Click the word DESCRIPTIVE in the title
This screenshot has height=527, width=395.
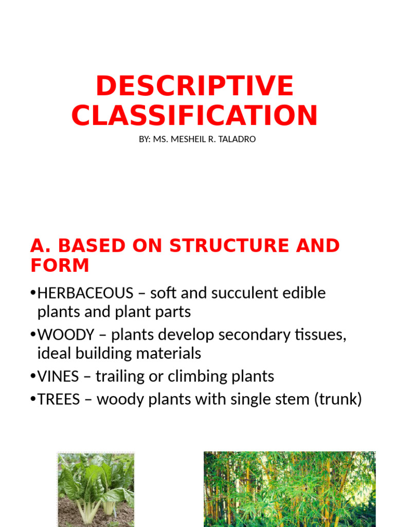tap(194, 86)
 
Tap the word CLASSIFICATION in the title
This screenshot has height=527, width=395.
tap(194, 115)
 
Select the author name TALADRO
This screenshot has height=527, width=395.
tap(237, 139)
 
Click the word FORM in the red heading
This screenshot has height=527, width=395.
tap(60, 266)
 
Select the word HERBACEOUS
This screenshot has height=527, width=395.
tap(85, 293)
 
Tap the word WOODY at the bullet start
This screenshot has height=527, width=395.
tap(66, 335)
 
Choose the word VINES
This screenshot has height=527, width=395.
tap(59, 377)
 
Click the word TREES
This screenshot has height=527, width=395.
tap(59, 399)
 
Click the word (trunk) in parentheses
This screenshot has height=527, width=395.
tap(337, 399)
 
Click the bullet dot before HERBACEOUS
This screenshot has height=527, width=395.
tap(33, 293)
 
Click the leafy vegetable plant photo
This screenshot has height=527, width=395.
tap(96, 489)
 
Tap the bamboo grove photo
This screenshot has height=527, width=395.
tap(290, 489)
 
